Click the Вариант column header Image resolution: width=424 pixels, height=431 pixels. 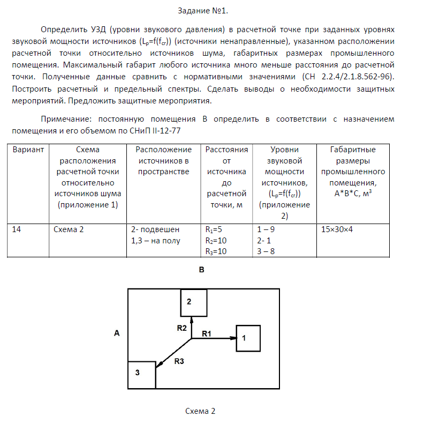click(27, 150)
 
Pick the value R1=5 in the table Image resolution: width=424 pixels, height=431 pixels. click(214, 229)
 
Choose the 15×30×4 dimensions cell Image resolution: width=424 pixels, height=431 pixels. click(340, 229)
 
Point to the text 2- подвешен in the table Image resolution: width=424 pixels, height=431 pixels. click(152, 229)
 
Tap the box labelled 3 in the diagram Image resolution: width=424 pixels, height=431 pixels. click(141, 374)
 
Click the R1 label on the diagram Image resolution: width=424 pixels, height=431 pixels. click(207, 333)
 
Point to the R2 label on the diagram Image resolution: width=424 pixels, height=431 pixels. click(181, 327)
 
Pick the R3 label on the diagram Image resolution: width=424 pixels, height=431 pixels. click(179, 361)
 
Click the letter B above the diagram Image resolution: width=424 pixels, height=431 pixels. click(201, 270)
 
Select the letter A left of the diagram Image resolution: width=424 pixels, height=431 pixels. click(117, 333)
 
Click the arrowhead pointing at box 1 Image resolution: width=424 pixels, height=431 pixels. click(233, 338)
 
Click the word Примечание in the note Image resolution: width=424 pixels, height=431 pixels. click(63, 119)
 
